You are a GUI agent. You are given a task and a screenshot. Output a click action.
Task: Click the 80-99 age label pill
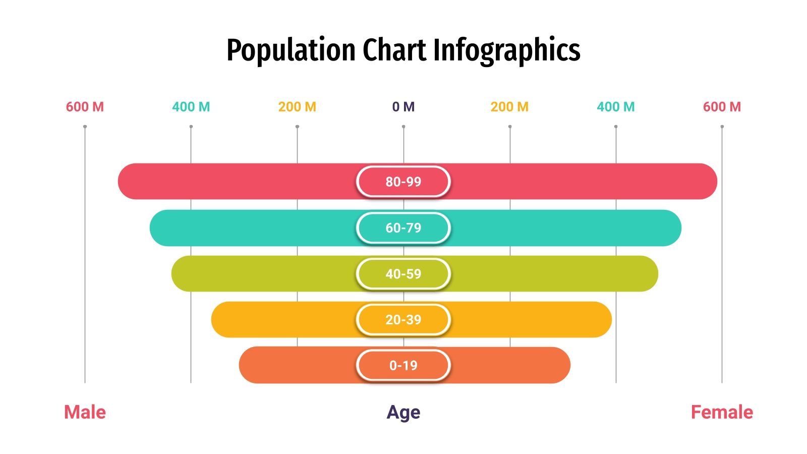point(403,182)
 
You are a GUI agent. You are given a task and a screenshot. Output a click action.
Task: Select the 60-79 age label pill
point(403,228)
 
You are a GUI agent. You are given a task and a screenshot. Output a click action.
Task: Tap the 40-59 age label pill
point(403,274)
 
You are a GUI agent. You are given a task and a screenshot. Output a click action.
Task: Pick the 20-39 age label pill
point(403,320)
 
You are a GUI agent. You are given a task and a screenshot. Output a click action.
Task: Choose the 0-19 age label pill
point(403,366)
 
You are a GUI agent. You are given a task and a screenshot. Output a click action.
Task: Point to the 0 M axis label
point(403,107)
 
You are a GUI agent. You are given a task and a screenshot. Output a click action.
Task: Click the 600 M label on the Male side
point(85,107)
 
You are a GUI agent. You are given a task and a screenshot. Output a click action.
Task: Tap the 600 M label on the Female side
point(722,107)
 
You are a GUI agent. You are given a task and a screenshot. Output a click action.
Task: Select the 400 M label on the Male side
point(191,107)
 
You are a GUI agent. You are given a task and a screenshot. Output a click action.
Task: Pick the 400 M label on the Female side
point(615,107)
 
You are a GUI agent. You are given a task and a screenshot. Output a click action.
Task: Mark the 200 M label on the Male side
point(297,107)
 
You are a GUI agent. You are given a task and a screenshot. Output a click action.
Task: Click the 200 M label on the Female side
point(509,107)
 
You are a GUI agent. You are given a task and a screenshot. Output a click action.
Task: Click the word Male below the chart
point(85,412)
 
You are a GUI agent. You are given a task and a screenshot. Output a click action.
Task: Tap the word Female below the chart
point(722,412)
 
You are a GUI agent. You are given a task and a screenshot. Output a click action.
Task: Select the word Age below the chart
point(403,413)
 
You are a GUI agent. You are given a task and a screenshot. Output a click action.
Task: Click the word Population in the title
point(291,50)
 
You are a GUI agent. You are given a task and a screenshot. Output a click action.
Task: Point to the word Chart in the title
point(394,50)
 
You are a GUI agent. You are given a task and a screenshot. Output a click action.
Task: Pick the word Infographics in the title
point(506,50)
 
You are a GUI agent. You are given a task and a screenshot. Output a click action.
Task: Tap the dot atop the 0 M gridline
point(403,127)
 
